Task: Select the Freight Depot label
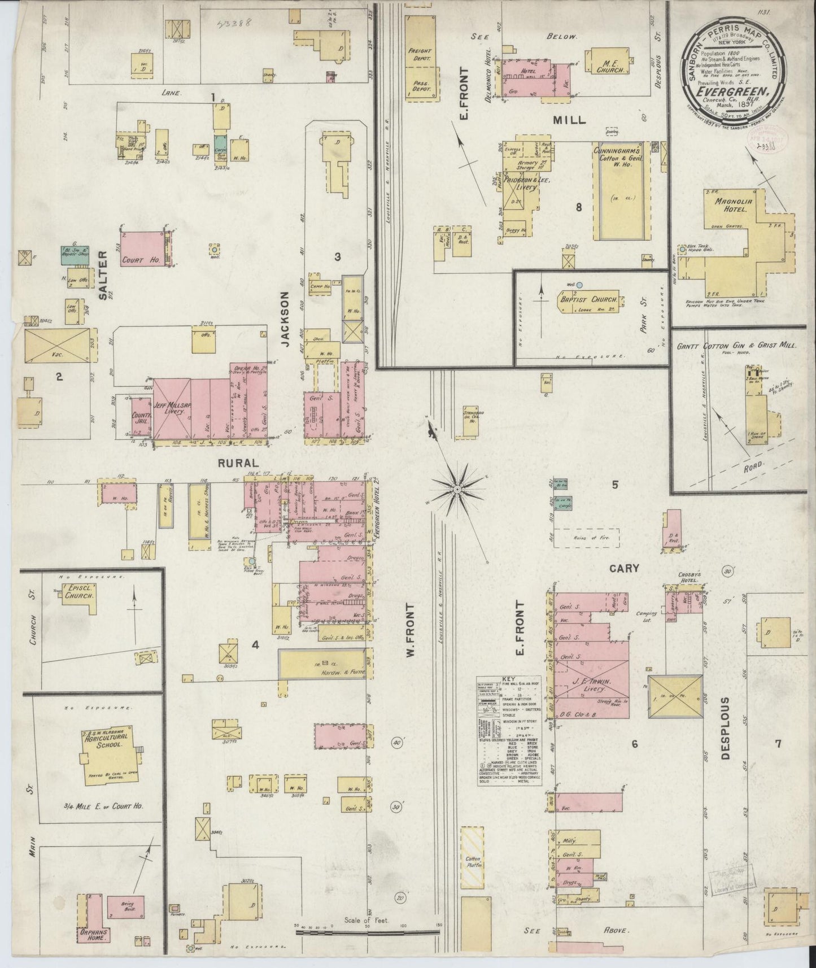coord(419,55)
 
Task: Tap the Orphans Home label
coord(94,934)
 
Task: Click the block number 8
coord(578,207)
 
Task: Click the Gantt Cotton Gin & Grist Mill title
coord(736,345)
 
